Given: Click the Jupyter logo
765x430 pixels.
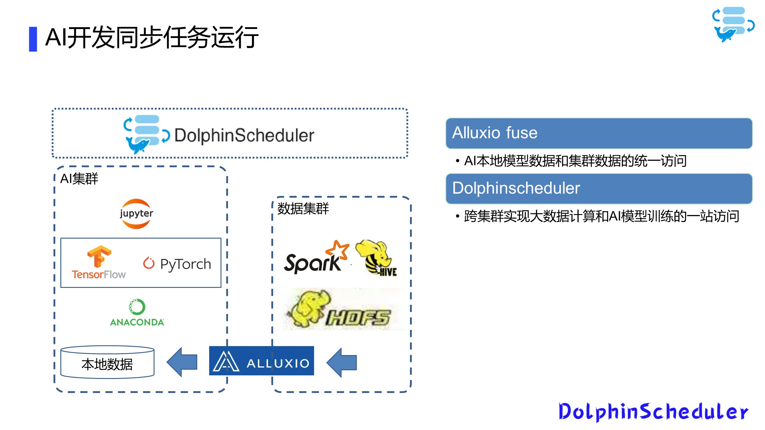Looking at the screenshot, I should (136, 214).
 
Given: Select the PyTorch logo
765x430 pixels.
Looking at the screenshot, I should (177, 264).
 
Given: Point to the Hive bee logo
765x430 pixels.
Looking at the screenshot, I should (376, 258).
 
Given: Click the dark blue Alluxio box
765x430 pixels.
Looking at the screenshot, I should (261, 361).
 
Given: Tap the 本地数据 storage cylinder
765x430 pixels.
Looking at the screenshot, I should (107, 363).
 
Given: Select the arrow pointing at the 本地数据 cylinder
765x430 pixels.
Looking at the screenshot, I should (182, 362).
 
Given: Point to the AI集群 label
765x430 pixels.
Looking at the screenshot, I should (79, 179).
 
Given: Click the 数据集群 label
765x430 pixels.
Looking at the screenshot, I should (303, 208).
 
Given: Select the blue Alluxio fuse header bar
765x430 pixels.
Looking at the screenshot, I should (599, 133).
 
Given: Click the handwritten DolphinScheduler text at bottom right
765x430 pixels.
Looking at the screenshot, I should (653, 412).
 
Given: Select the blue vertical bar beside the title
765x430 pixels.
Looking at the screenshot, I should (33, 39).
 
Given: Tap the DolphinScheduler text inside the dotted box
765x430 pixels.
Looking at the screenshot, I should (244, 135).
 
